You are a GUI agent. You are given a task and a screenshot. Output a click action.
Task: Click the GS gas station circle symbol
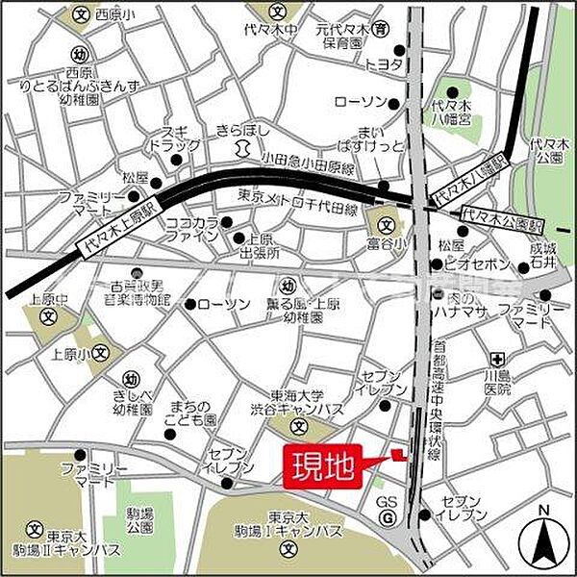tap(387, 519)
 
